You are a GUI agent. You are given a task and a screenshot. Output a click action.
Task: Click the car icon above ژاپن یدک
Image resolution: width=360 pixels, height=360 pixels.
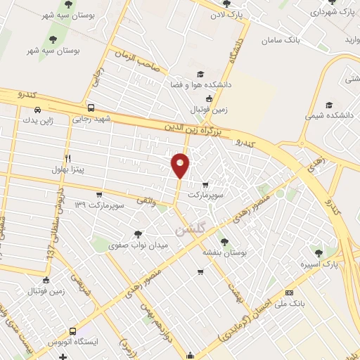(36, 110)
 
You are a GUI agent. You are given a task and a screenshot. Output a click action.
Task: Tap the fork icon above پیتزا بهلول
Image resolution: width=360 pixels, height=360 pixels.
(68, 158)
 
